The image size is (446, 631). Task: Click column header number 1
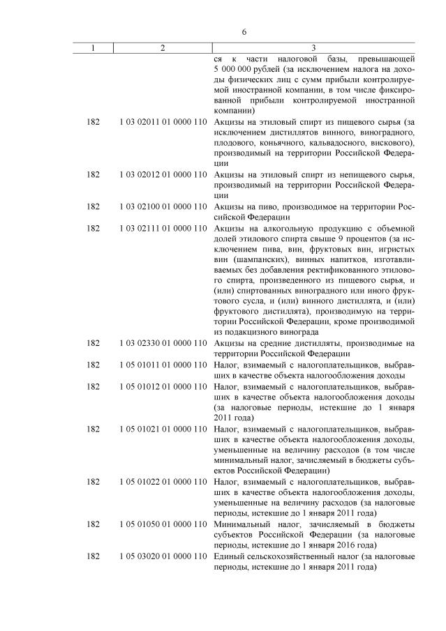93,47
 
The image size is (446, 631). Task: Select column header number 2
163,47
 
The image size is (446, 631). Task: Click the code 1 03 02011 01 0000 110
163,122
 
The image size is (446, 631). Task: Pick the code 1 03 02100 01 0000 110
163,207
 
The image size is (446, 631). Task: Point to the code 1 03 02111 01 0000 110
163,229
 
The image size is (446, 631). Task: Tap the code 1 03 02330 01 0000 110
163,343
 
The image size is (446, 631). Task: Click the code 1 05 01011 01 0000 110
163,365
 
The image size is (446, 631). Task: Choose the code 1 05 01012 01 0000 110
163,386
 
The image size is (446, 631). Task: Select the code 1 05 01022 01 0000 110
163,482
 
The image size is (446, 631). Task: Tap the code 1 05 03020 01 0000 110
163,556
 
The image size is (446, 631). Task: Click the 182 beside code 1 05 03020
93,556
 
